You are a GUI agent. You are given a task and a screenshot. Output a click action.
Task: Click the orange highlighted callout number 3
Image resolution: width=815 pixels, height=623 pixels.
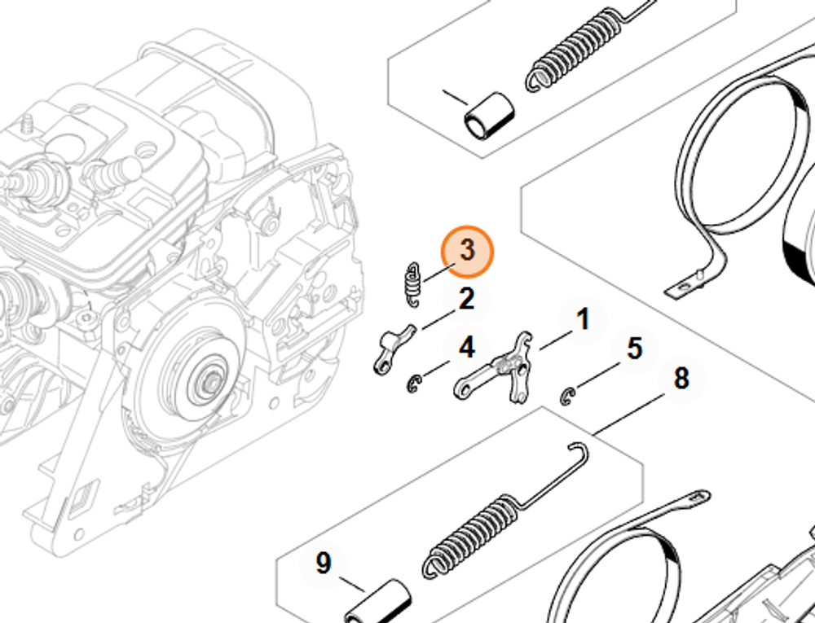coord(467,251)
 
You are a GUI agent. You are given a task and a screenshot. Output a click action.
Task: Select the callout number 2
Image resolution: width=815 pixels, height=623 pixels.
coord(465,300)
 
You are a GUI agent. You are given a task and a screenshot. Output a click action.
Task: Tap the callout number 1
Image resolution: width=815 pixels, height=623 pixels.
coord(583,320)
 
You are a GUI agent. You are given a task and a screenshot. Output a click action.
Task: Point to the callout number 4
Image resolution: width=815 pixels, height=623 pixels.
coord(466,349)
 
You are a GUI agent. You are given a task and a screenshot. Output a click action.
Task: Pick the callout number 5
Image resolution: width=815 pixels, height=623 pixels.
coord(634,349)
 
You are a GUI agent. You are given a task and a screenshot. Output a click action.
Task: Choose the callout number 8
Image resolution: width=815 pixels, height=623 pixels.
coord(681,378)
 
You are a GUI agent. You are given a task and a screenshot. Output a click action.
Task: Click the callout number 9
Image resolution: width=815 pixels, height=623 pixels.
coord(324,564)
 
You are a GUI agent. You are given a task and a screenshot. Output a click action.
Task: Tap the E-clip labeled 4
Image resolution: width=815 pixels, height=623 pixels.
coord(415,384)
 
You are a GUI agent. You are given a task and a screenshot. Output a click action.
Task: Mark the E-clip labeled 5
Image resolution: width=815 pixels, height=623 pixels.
coord(569,396)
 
